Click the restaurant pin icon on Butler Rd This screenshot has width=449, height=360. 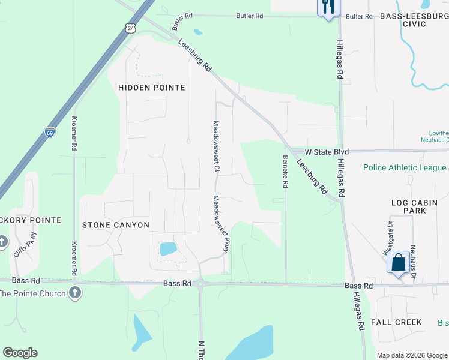328,8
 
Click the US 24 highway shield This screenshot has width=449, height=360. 131,28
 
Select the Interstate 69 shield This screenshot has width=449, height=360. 50,132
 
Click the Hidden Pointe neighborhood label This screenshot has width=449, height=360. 151,88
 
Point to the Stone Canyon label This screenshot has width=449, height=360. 115,225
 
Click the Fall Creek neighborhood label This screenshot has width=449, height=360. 396,322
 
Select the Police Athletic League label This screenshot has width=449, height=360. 405,168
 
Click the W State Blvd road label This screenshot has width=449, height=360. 327,152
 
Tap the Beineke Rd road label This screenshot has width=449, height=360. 285,172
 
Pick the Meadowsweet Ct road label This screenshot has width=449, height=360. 215,146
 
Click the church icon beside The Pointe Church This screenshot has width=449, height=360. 74,293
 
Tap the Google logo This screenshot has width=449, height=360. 20,353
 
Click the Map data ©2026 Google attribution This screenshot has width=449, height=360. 411,355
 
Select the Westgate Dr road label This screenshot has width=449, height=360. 389,235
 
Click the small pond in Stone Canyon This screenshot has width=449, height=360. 169,248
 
